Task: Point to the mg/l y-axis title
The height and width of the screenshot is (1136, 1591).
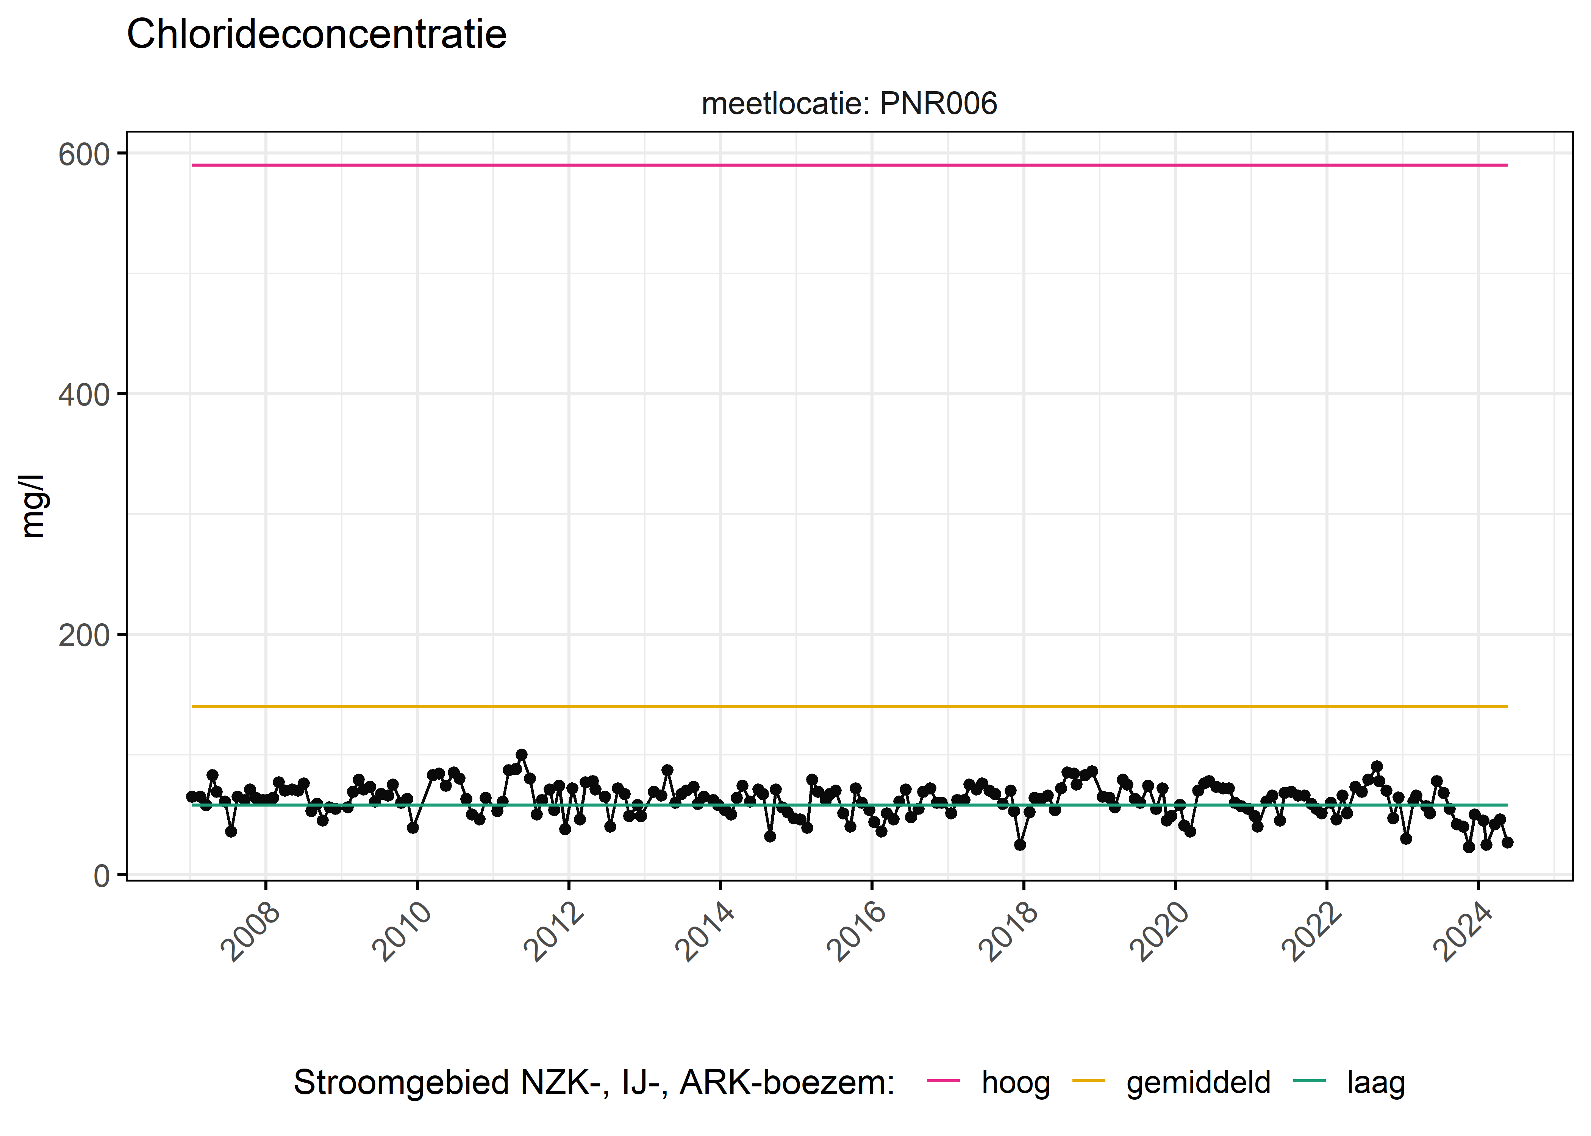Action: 33,506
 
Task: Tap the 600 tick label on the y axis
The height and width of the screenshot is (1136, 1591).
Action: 84,154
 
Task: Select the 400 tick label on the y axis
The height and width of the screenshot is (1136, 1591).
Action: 84,395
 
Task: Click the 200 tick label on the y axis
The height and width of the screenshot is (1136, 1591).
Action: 84,636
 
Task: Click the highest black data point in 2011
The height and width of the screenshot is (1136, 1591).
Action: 521,755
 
